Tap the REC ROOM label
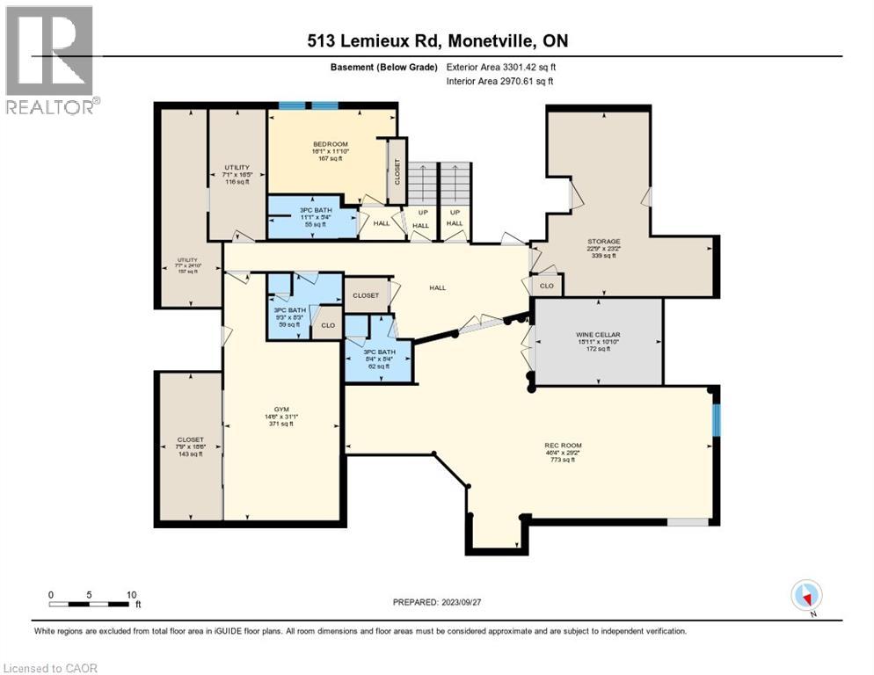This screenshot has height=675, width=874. (x=563, y=446)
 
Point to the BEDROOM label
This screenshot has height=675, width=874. (x=331, y=144)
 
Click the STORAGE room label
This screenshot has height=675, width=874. (x=604, y=241)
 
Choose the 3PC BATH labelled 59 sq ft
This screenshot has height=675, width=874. (x=288, y=311)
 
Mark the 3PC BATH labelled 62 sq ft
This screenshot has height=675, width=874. (x=380, y=352)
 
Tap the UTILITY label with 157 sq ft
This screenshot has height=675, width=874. (x=186, y=260)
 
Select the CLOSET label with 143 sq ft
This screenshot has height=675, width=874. (x=190, y=439)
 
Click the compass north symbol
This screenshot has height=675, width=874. (x=806, y=597)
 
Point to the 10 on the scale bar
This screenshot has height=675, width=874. (x=131, y=594)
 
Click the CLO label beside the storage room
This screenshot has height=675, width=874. (x=547, y=286)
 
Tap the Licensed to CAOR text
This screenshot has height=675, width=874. (x=50, y=668)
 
